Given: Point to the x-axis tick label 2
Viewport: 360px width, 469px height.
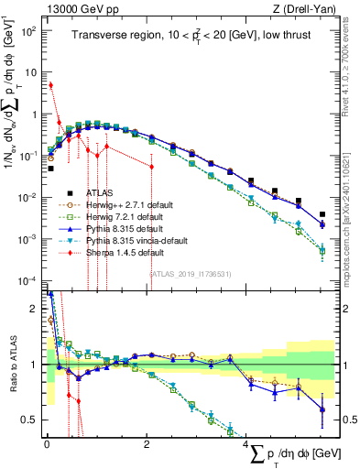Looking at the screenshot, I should (x=147, y=444).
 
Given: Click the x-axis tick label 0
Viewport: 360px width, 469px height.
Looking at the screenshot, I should (x=47, y=444).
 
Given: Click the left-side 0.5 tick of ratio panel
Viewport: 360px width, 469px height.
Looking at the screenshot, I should (x=31, y=420).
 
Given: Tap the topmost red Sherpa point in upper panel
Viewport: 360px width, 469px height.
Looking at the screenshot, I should (x=50, y=85).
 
